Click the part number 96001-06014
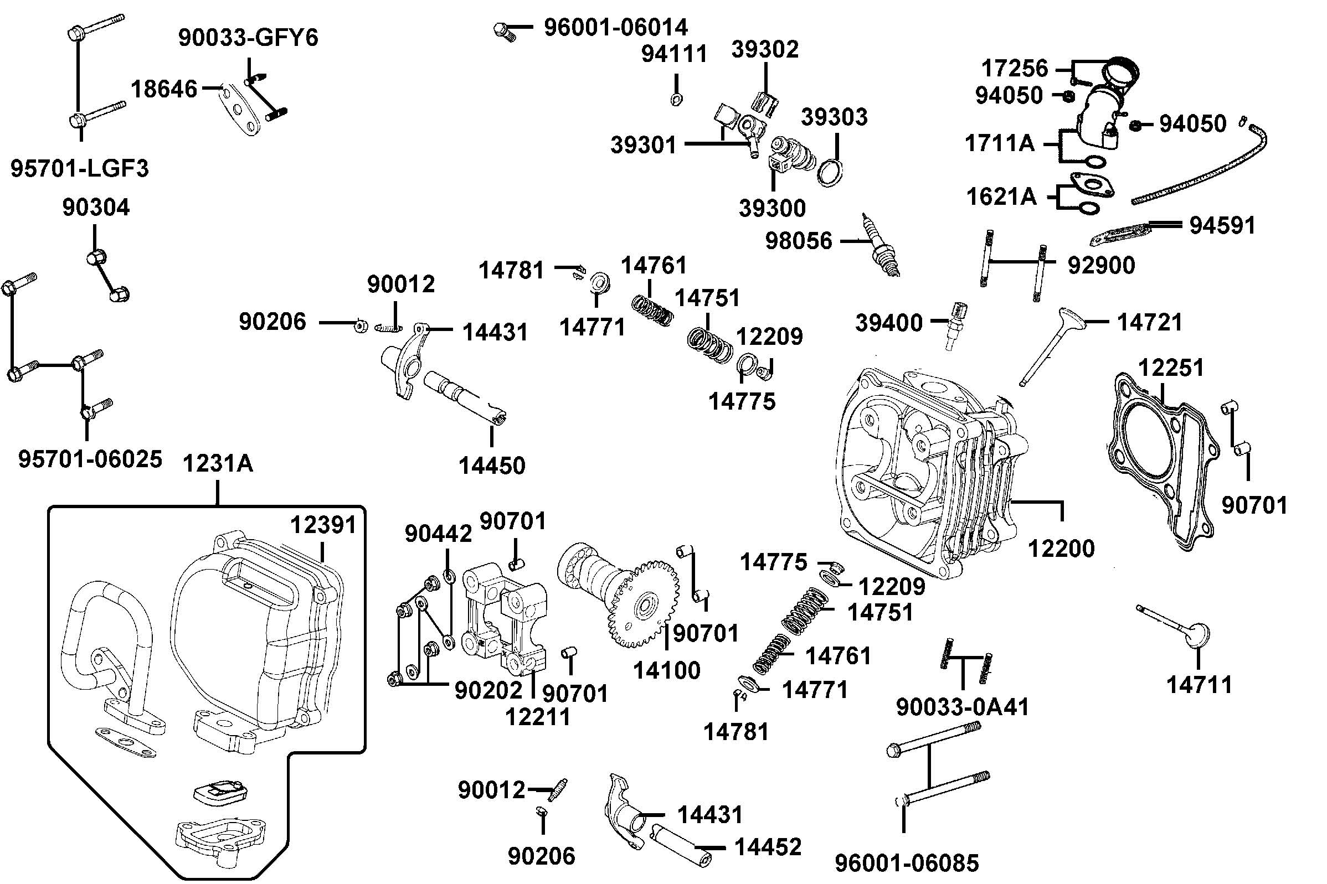click(615, 28)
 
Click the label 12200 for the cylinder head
click(1061, 549)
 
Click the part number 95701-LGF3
click(80, 169)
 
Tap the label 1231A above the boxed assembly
click(218, 464)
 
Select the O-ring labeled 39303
click(830, 173)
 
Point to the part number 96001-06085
click(907, 863)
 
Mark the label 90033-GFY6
click(248, 38)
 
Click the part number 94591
click(1222, 225)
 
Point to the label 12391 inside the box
click(323, 525)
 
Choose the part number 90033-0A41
click(962, 707)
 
